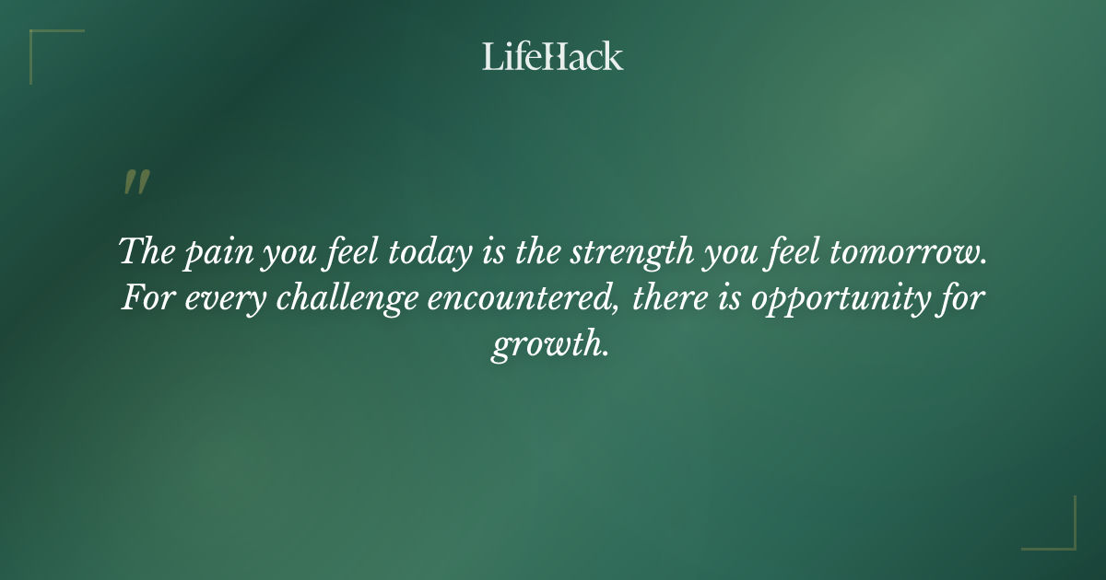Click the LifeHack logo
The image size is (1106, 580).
point(552,56)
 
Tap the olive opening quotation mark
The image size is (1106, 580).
point(135,183)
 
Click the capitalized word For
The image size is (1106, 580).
point(143,299)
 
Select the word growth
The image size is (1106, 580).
point(549,347)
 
